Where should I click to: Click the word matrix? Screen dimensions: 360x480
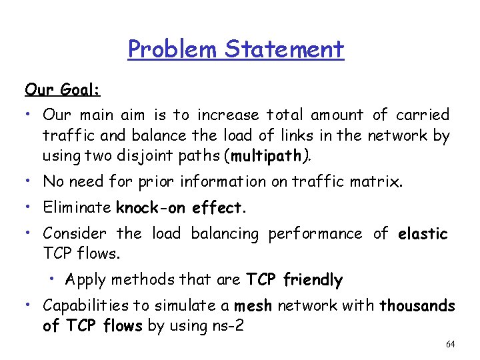(x=378, y=181)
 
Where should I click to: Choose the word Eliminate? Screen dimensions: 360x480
(x=77, y=207)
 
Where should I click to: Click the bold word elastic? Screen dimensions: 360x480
(x=423, y=233)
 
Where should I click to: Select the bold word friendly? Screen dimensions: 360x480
(x=313, y=280)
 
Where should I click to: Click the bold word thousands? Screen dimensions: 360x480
(x=417, y=307)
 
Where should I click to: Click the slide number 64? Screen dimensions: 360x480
(x=450, y=345)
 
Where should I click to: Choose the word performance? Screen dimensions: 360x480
(x=315, y=233)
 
